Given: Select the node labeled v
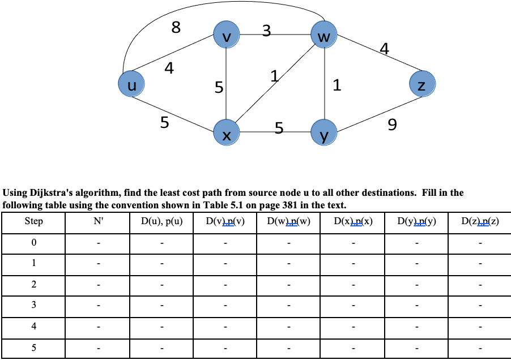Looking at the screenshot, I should [x=226, y=36].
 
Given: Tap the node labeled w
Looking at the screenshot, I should [x=323, y=36].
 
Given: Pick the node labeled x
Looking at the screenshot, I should [x=226, y=134].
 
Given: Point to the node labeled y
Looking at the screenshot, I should [x=323, y=134].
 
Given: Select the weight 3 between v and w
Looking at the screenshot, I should [x=267, y=32].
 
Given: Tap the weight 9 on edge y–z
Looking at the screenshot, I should [x=391, y=124].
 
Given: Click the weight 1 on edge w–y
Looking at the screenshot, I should [x=337, y=86].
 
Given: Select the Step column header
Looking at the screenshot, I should [x=33, y=221].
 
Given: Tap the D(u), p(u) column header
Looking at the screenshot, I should [x=161, y=221].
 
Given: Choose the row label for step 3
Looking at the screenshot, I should [x=33, y=306].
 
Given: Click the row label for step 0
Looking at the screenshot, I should [x=33, y=243].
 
